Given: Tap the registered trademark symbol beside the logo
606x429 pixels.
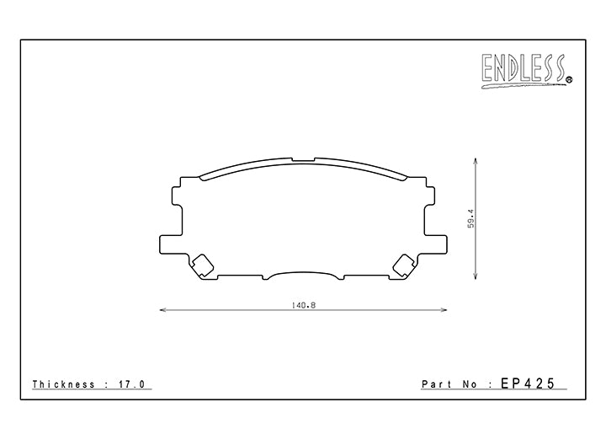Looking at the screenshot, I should (569, 81).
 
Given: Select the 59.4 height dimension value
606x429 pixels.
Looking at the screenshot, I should (473, 218).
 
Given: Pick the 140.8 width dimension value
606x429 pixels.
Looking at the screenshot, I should (303, 304).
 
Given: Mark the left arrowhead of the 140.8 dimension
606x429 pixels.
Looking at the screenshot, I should (162, 310).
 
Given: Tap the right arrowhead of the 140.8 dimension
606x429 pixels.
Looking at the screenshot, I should (444, 310).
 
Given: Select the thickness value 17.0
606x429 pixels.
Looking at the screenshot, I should (134, 383).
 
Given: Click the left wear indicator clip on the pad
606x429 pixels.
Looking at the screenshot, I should (203, 265).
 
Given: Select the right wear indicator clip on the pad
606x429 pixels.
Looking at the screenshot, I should (403, 265).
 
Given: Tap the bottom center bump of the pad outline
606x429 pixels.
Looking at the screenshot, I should (303, 275).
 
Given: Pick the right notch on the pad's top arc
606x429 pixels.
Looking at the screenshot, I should (315, 158).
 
